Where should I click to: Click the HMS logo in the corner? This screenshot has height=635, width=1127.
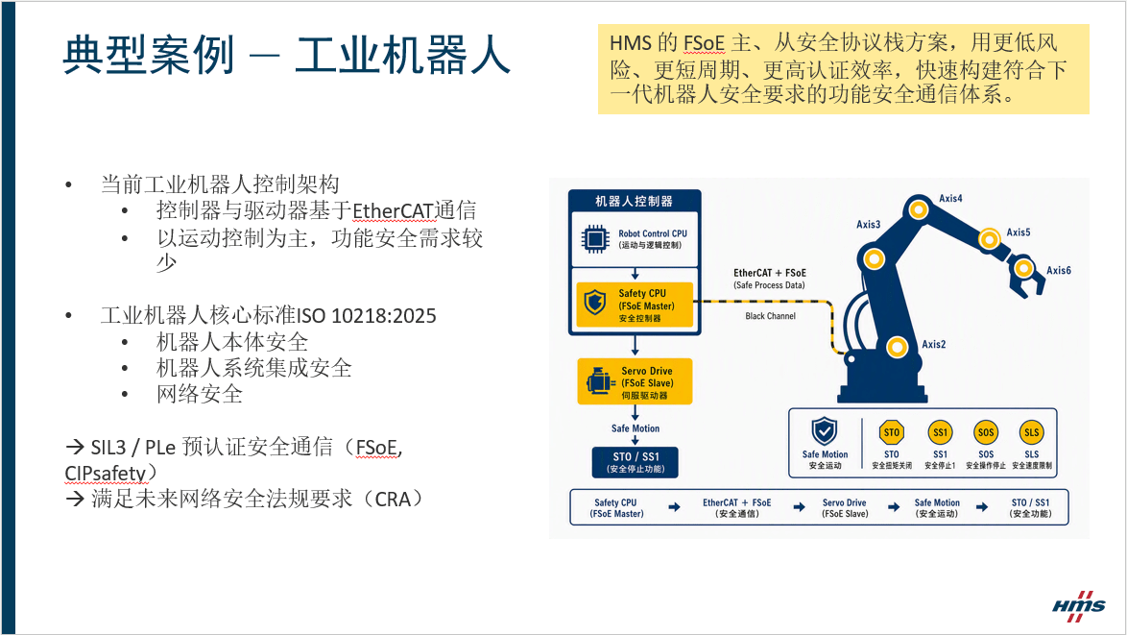(1079, 606)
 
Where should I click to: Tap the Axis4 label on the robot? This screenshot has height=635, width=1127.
(950, 199)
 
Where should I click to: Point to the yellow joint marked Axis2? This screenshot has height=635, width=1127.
(897, 348)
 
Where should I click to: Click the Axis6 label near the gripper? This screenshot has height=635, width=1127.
(1058, 270)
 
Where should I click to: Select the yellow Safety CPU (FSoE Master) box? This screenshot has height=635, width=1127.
(635, 305)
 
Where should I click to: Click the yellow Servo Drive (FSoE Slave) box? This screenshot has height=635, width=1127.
(635, 381)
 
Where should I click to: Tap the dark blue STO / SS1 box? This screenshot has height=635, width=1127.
(635, 462)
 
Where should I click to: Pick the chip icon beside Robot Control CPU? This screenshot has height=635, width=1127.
(595, 239)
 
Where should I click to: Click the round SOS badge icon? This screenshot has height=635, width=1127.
(986, 432)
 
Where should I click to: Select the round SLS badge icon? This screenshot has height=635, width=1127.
(1031, 432)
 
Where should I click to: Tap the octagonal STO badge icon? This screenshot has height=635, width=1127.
(891, 432)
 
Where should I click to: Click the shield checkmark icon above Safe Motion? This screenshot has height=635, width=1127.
(825, 431)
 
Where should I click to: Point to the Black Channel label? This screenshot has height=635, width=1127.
(771, 316)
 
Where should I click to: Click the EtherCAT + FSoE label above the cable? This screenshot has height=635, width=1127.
(770, 273)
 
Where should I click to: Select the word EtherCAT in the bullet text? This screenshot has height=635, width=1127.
(393, 210)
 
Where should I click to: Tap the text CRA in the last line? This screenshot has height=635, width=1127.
(393, 500)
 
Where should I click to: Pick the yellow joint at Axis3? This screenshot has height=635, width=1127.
(874, 258)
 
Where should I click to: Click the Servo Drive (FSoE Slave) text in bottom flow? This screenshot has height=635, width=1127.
(845, 508)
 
